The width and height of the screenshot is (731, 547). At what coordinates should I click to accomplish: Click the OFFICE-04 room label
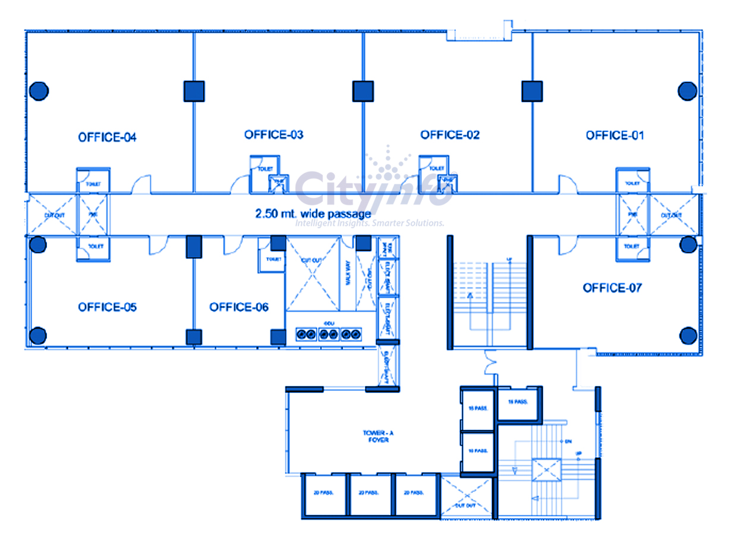click(107, 137)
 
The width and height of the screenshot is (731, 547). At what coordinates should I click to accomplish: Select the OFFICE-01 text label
click(615, 136)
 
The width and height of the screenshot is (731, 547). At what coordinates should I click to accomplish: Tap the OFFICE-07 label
click(612, 288)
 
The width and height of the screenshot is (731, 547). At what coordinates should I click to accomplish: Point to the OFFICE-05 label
click(107, 307)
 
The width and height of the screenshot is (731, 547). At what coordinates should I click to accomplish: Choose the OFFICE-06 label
click(238, 307)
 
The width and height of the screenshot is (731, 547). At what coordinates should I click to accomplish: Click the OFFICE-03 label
click(273, 135)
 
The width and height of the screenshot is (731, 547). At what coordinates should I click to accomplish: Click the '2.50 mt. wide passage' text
click(313, 213)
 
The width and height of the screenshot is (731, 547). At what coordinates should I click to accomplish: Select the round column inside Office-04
click(39, 91)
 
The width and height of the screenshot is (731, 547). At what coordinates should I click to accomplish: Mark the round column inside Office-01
click(688, 91)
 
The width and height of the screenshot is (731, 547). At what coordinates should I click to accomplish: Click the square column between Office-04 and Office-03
click(194, 91)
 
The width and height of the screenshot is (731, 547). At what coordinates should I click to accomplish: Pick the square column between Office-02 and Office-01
click(533, 91)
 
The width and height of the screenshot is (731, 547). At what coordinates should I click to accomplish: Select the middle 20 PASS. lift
click(370, 493)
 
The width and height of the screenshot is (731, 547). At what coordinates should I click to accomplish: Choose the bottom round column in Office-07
click(688, 335)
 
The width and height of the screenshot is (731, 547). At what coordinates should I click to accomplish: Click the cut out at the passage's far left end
click(51, 215)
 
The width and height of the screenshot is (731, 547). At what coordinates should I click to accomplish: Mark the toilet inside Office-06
click(272, 259)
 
